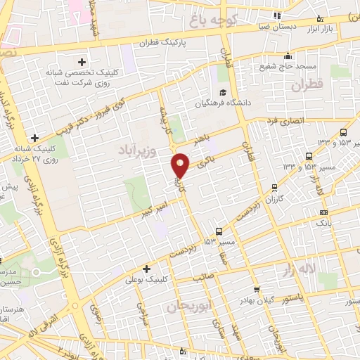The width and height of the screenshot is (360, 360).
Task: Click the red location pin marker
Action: (x=181, y=165)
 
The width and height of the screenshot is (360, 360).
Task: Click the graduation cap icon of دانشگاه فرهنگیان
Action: (x=223, y=93)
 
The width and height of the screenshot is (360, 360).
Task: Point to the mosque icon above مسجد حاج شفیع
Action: (x=286, y=56)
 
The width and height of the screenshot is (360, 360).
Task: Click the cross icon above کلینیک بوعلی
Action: (x=146, y=269)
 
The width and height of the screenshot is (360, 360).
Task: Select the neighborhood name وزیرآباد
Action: (x=128, y=150)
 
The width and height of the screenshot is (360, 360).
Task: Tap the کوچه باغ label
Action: (x=214, y=12)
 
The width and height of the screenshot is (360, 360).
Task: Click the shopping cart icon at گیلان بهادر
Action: (x=257, y=288)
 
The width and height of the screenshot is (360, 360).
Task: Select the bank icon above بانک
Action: (x=323, y=212)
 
